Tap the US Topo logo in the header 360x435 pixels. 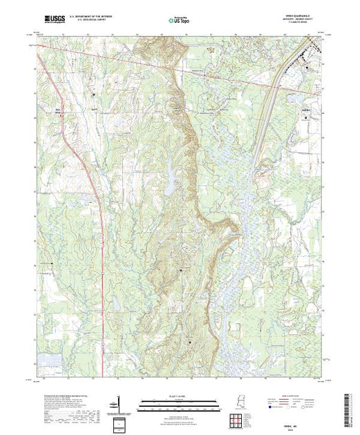click(180, 20)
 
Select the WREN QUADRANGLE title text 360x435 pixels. click(303, 16)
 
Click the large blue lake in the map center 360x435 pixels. click(167, 183)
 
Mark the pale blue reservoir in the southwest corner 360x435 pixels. click(49, 359)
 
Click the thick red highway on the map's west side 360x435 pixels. click(102, 228)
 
